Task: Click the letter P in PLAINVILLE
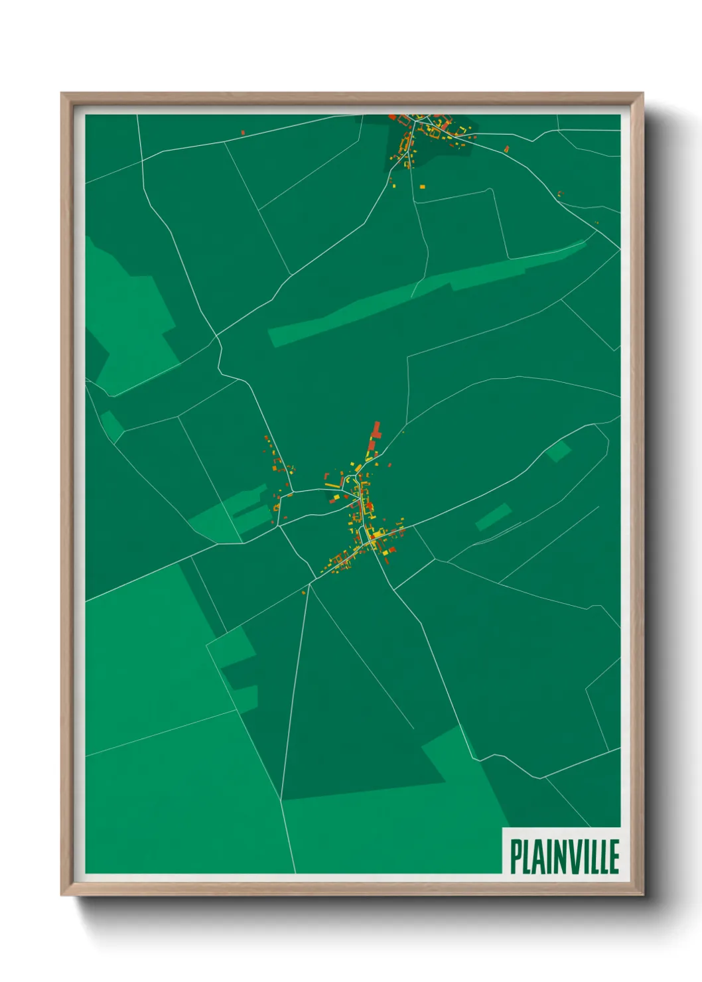(x=516, y=857)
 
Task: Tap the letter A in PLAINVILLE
(x=541, y=857)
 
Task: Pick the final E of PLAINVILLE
(x=614, y=857)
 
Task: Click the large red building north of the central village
(x=376, y=431)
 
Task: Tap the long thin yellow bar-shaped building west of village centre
(x=332, y=486)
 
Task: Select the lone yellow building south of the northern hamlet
(x=422, y=187)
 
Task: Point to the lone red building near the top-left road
(x=243, y=133)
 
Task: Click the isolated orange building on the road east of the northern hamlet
(x=506, y=149)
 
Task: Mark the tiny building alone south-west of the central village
(x=303, y=593)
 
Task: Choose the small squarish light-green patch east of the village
(x=558, y=451)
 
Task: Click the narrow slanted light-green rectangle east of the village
(x=493, y=517)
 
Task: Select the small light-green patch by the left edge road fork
(x=111, y=425)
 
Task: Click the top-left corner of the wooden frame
(x=62, y=94)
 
